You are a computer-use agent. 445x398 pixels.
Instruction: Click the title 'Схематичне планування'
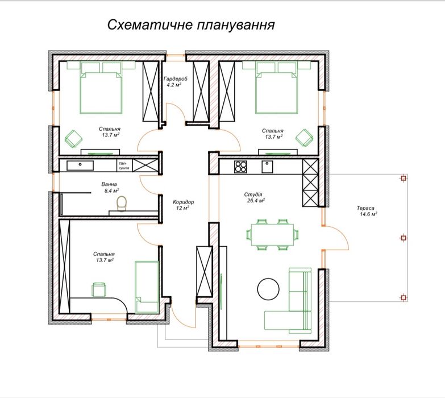tap(191, 26)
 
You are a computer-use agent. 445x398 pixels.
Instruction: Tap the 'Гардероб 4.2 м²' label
tap(172, 81)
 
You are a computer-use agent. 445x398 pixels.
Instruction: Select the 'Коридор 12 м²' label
tap(183, 205)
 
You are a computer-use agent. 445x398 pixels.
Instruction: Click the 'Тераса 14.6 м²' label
tap(368, 211)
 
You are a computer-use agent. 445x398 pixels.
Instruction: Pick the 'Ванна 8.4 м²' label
tap(110, 188)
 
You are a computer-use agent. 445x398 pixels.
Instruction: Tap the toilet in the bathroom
tap(121, 203)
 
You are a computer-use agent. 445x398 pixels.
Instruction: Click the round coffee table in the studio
tap(268, 288)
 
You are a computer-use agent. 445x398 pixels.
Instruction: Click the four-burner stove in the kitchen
tap(241, 167)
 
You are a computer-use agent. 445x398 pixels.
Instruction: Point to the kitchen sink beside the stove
tap(267, 167)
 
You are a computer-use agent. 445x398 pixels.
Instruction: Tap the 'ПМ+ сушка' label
tap(124, 166)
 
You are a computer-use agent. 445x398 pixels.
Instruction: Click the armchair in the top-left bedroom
tap(73, 138)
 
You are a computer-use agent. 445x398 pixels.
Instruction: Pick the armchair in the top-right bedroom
tap(304, 138)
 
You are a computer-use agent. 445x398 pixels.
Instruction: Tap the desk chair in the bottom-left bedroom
tap(99, 289)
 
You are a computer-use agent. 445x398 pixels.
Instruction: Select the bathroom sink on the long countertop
tap(80, 165)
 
